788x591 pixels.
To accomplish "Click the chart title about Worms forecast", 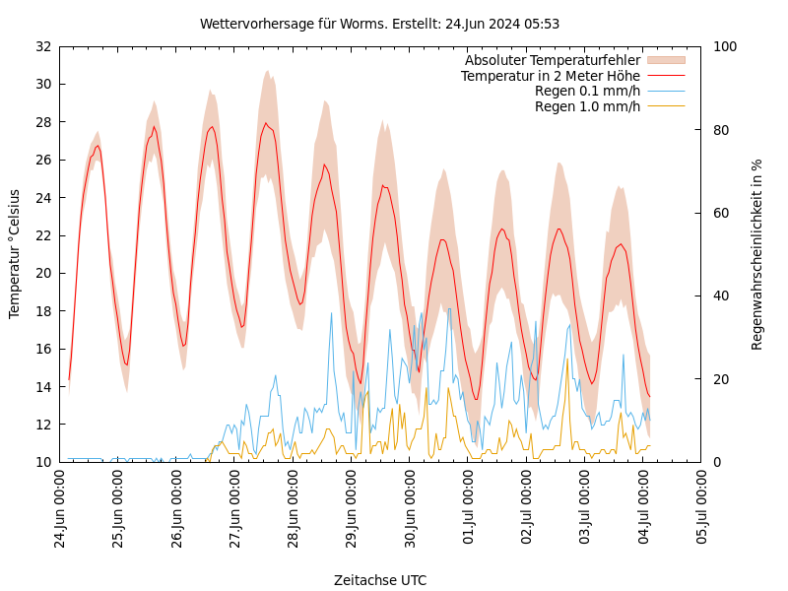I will (379, 24).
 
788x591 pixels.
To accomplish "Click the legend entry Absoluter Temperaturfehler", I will (553, 60).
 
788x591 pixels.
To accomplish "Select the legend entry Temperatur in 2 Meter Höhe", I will (551, 76).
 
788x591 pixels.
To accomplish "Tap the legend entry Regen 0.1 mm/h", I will (587, 91).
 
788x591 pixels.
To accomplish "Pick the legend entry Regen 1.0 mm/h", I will (587, 106).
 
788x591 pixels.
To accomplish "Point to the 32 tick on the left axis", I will (42, 46).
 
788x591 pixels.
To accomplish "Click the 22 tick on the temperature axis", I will (42, 235).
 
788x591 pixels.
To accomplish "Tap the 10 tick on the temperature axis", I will (42, 462).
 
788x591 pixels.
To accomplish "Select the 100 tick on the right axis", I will (725, 46).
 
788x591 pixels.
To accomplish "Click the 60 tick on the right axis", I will (721, 213).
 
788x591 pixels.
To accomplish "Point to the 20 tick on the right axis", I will (721, 379).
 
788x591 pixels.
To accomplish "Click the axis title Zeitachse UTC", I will (380, 580).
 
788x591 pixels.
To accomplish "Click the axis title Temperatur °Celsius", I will (15, 254).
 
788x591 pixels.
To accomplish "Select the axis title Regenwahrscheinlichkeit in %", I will (757, 254).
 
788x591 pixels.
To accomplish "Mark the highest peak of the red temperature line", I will (265, 123).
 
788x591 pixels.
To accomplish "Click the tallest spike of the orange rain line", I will (567, 360).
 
